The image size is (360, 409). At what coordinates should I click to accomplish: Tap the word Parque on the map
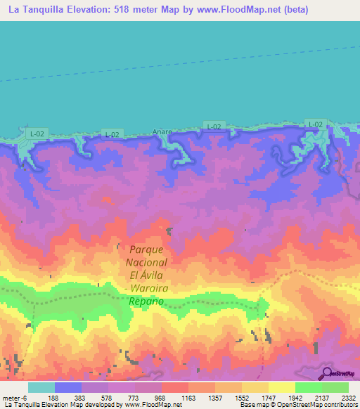click(x=146, y=249)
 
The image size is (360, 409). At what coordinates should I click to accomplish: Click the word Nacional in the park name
click(x=146, y=262)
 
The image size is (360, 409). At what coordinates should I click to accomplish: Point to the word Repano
click(x=146, y=301)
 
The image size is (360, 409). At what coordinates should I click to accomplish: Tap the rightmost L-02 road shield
click(x=315, y=124)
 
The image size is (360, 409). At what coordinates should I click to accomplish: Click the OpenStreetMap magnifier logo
click(x=328, y=373)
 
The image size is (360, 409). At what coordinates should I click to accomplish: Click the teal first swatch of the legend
click(x=41, y=387)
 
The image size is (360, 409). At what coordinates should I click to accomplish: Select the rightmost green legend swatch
click(x=335, y=387)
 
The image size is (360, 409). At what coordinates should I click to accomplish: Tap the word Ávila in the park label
click(x=155, y=275)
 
